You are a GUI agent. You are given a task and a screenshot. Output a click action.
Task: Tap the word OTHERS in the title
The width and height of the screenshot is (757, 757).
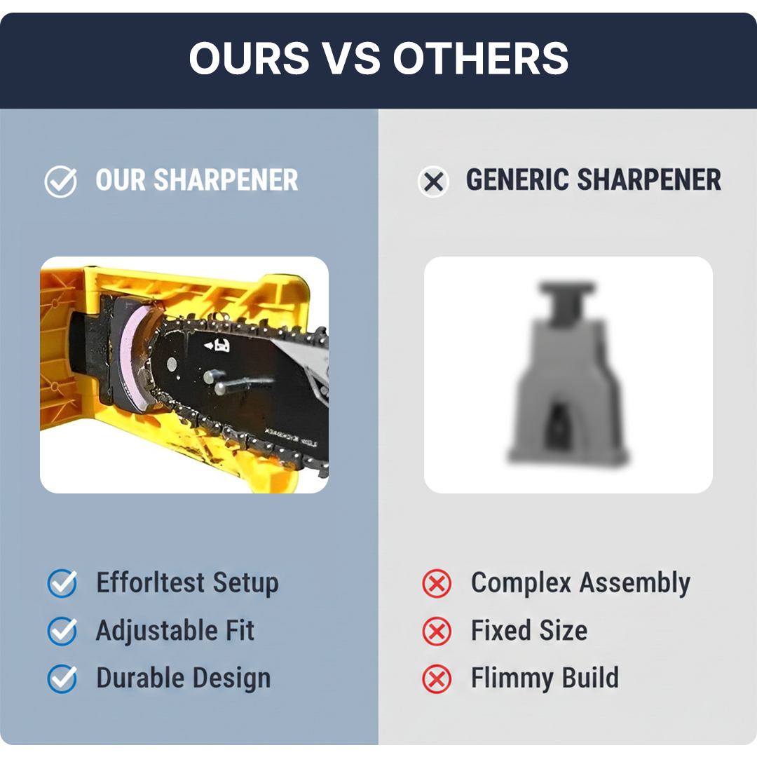click(481, 58)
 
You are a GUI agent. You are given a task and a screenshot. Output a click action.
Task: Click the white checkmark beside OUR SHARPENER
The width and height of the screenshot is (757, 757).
click(61, 182)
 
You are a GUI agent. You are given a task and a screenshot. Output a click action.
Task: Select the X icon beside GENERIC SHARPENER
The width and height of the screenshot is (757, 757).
click(434, 182)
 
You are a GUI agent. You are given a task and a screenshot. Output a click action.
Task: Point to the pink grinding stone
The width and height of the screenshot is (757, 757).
click(134, 354)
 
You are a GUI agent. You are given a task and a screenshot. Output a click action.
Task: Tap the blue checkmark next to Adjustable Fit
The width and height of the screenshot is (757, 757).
click(62, 631)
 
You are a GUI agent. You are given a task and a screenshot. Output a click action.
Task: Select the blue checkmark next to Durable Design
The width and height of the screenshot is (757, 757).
click(62, 678)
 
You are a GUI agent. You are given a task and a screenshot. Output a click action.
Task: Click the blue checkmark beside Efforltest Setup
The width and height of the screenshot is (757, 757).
click(62, 583)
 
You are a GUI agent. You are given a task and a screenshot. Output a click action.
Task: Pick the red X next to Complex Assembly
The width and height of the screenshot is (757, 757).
click(437, 584)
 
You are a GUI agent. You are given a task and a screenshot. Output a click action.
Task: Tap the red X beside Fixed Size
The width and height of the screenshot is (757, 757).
click(437, 632)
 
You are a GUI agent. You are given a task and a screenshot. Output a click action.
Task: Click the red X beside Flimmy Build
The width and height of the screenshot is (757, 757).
click(437, 679)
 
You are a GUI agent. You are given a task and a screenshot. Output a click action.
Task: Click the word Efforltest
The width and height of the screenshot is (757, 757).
click(150, 582)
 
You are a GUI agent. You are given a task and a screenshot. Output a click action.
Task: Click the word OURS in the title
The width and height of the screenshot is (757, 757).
click(249, 58)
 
